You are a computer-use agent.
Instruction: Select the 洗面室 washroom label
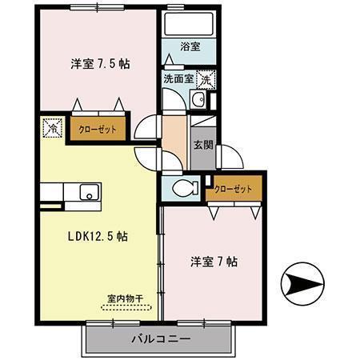point(178,78)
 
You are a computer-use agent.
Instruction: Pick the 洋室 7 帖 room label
point(212,261)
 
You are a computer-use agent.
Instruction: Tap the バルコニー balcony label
point(161,339)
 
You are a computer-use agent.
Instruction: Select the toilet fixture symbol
point(183,189)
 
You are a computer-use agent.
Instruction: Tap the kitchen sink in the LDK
point(86,192)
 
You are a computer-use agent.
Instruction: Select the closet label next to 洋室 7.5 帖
point(95,129)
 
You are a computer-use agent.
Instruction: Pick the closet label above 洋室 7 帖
point(234,189)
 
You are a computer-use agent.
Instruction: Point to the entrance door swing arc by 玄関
point(227,157)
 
